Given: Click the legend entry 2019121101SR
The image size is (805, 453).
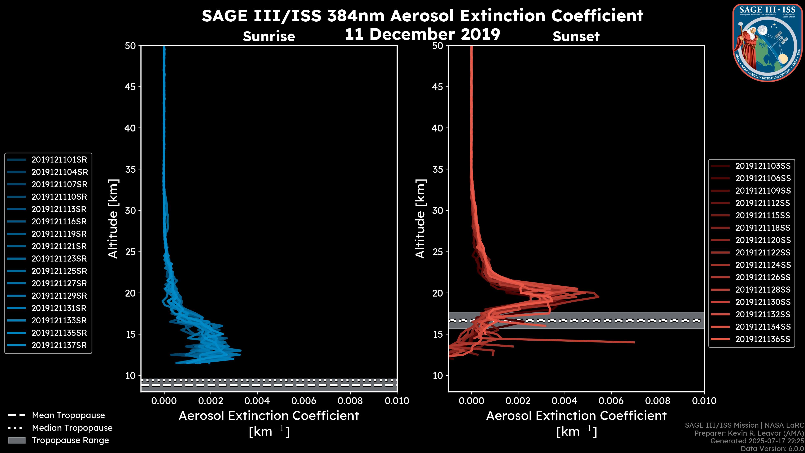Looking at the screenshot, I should [59, 160].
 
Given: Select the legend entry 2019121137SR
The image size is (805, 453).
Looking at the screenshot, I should [59, 345].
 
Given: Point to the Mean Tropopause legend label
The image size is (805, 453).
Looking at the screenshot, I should [68, 415].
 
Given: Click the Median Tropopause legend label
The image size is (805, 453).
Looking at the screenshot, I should [72, 428].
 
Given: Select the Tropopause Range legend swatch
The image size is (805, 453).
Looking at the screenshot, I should [17, 440].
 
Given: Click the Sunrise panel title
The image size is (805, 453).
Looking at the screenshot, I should [269, 36].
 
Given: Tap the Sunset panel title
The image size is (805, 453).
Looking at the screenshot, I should [576, 36].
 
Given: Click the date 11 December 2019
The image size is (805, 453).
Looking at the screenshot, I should [422, 34].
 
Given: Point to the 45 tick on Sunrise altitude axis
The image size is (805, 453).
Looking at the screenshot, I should [130, 87].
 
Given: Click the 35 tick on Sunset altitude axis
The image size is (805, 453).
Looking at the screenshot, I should [438, 169].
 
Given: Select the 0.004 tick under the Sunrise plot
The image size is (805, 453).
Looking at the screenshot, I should [257, 401].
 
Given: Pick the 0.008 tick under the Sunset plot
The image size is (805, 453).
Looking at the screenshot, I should [658, 401].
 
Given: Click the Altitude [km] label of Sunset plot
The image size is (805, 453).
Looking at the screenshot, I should [420, 219].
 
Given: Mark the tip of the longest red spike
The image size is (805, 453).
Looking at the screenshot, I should [634, 342].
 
